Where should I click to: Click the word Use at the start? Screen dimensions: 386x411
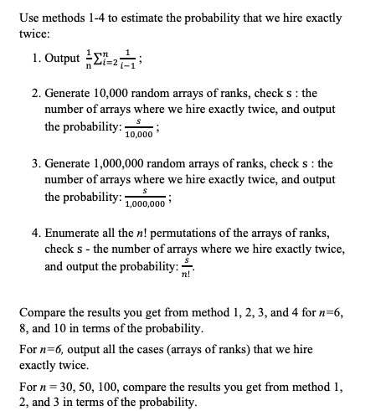click(x=29, y=17)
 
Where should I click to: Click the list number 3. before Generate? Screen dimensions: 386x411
click(x=36, y=163)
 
